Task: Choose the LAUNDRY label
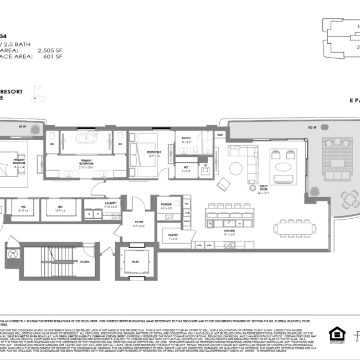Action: pos(111,204)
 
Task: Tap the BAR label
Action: pos(220,135)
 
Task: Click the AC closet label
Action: pos(204,165)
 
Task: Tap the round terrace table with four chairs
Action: pos(349,198)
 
